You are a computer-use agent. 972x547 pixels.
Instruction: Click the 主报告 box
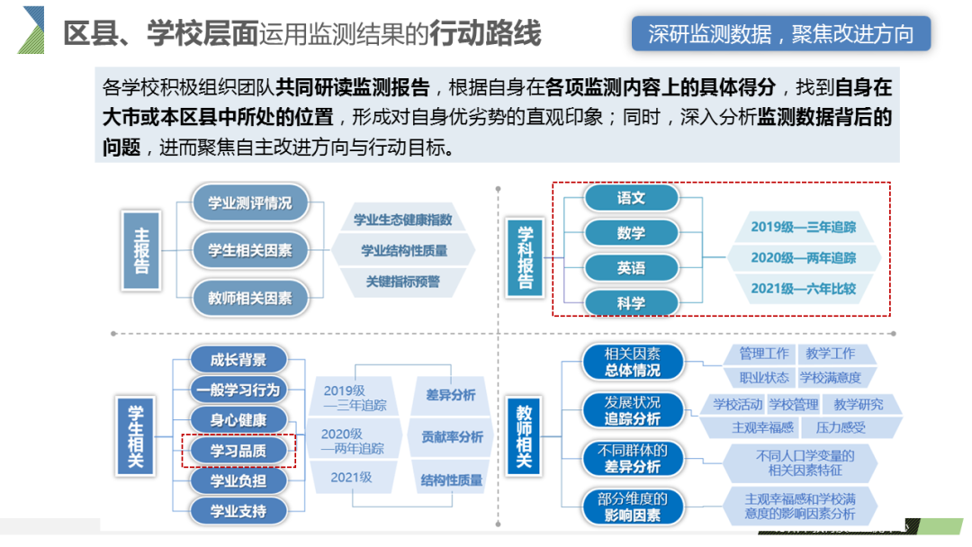tap(142, 250)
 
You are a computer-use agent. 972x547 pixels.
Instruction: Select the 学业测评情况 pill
tap(249, 203)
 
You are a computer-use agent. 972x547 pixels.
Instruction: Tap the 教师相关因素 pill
tap(249, 298)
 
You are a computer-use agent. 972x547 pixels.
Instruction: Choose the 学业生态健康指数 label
tap(402, 220)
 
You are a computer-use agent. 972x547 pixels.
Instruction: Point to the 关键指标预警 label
tap(402, 282)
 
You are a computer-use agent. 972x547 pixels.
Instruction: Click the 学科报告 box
tap(526, 256)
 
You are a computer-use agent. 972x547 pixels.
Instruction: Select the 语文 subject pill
tap(631, 198)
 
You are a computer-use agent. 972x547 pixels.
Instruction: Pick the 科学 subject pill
tap(631, 303)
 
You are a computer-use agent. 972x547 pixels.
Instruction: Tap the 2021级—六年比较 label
tap(804, 289)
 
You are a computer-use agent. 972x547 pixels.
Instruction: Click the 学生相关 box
tap(135, 432)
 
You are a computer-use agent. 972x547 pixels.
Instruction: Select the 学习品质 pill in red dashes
tap(238, 451)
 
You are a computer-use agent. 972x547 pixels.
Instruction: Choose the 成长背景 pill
tap(238, 361)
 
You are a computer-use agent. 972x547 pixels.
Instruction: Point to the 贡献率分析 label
tap(452, 437)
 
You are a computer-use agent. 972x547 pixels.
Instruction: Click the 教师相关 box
tap(524, 436)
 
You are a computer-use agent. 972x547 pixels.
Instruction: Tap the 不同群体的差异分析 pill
tap(633, 459)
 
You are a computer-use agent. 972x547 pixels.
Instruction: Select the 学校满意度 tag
tap(830, 378)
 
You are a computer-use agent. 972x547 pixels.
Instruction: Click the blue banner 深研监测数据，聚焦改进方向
tap(780, 34)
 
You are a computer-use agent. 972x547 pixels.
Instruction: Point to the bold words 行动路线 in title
tap(485, 34)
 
